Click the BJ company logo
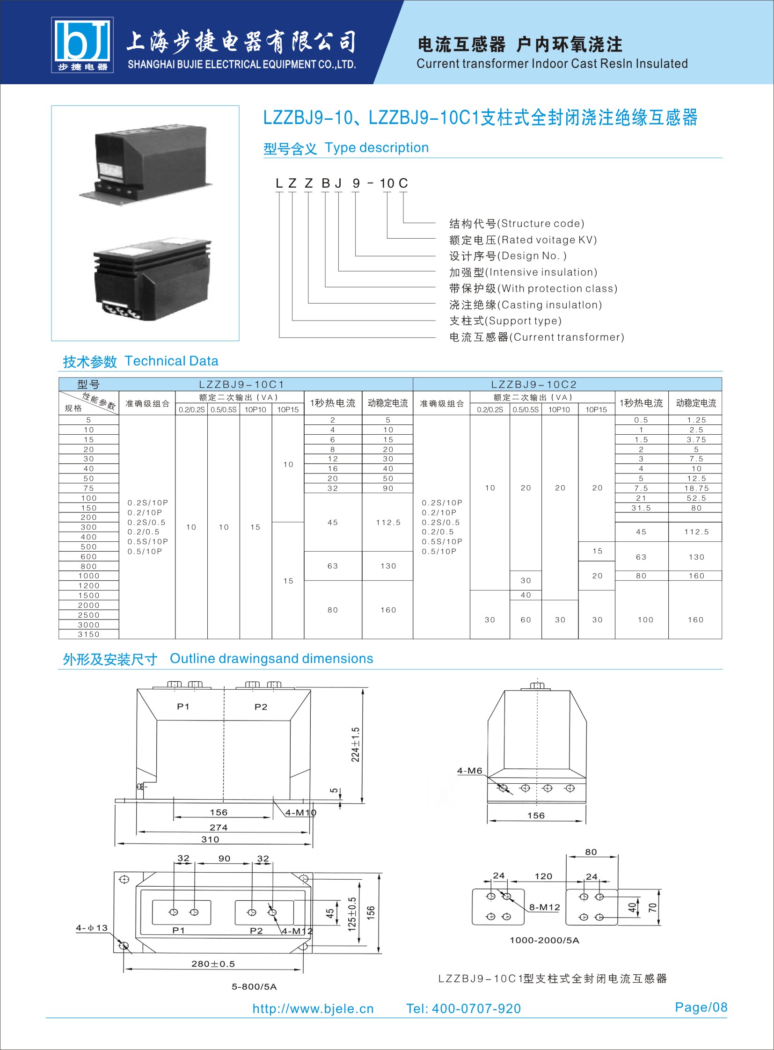click(x=82, y=45)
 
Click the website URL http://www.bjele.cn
click(x=313, y=1008)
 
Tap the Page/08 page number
click(x=701, y=1007)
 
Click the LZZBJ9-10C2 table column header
click(x=533, y=385)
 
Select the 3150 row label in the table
click(x=88, y=634)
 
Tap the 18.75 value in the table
click(x=696, y=488)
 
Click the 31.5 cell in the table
click(x=641, y=508)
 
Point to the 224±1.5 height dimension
click(x=356, y=744)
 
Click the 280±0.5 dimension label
click(x=213, y=964)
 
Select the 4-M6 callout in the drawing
click(x=469, y=771)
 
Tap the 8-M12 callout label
click(x=544, y=907)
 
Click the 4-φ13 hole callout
click(x=92, y=928)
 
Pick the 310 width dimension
click(x=210, y=839)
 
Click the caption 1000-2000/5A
click(x=544, y=940)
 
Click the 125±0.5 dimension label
click(x=352, y=914)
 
